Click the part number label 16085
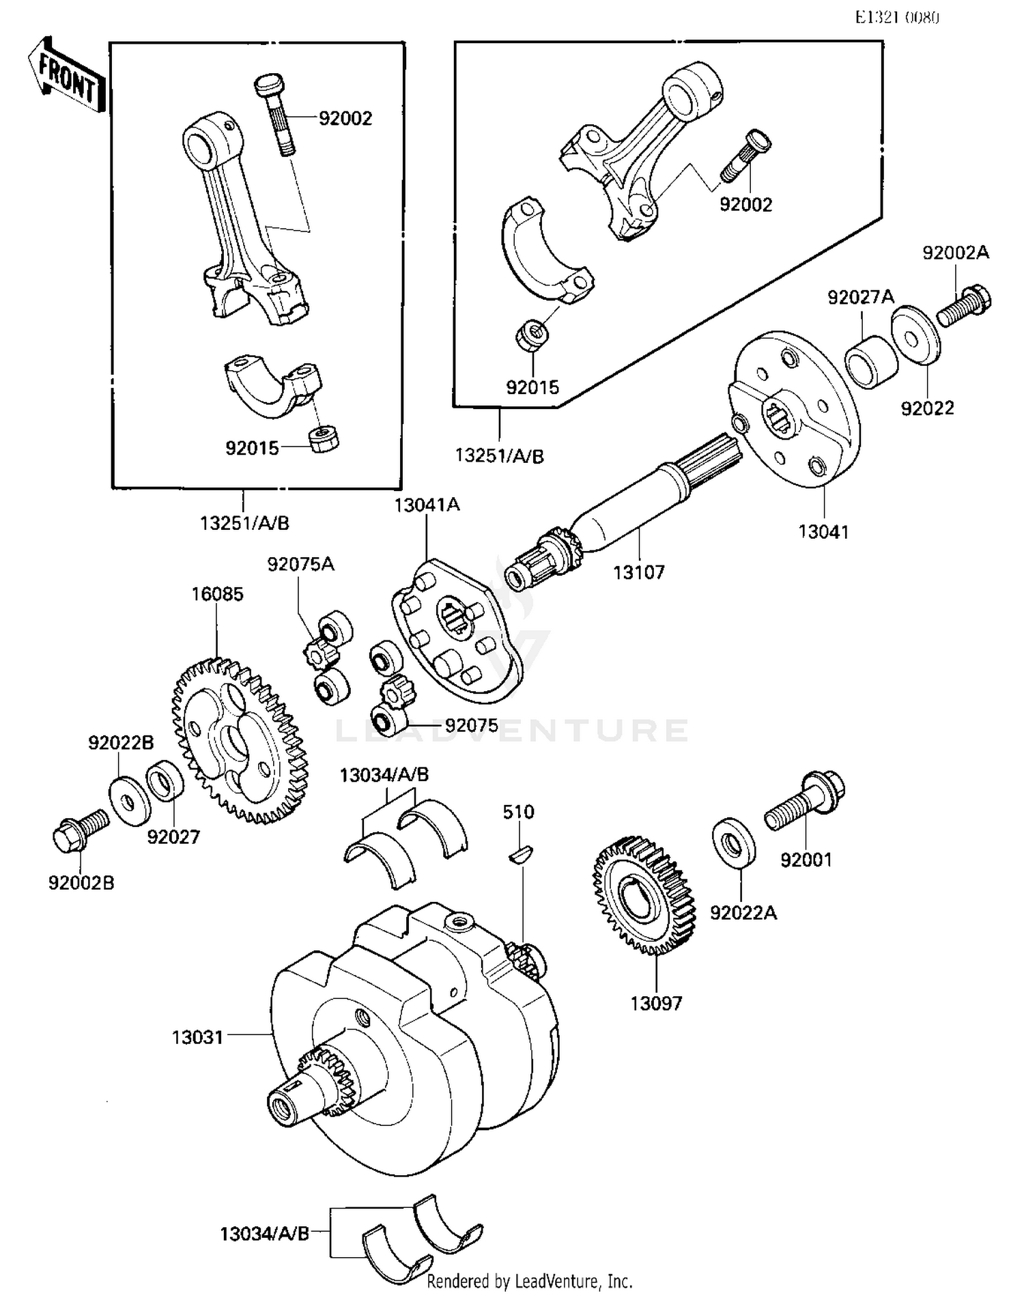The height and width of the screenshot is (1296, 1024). pos(217,594)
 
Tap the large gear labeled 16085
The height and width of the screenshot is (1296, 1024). pos(239,740)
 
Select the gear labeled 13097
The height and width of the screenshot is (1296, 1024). pos(644,895)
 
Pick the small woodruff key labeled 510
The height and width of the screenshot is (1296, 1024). pos(523,854)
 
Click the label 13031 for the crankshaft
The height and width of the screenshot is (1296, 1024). pos(197,1037)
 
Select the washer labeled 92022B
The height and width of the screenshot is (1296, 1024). pos(129,800)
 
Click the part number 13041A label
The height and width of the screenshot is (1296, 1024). pos(427,505)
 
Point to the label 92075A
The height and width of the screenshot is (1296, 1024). pos(300,565)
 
